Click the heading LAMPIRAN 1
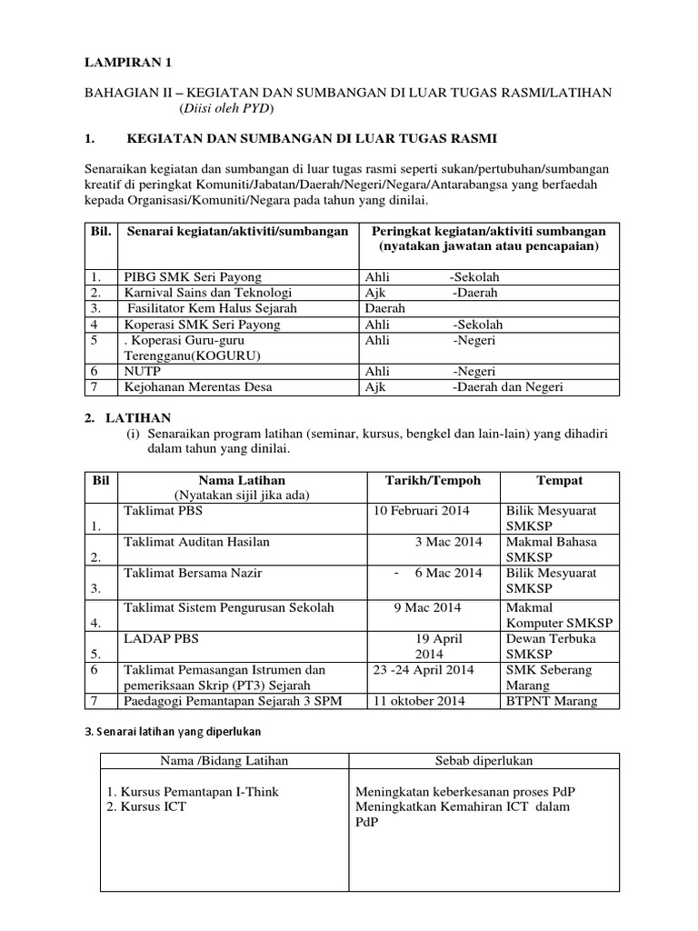click(x=127, y=63)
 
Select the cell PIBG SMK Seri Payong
click(x=192, y=276)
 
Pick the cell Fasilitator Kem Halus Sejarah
click(x=213, y=308)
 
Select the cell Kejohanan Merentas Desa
click(x=198, y=387)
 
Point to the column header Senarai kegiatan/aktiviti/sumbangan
click(x=238, y=232)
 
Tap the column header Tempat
click(x=559, y=480)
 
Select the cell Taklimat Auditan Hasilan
click(x=196, y=542)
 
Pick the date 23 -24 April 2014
click(x=424, y=670)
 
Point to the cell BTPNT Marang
click(x=550, y=701)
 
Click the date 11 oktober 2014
click(x=419, y=701)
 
